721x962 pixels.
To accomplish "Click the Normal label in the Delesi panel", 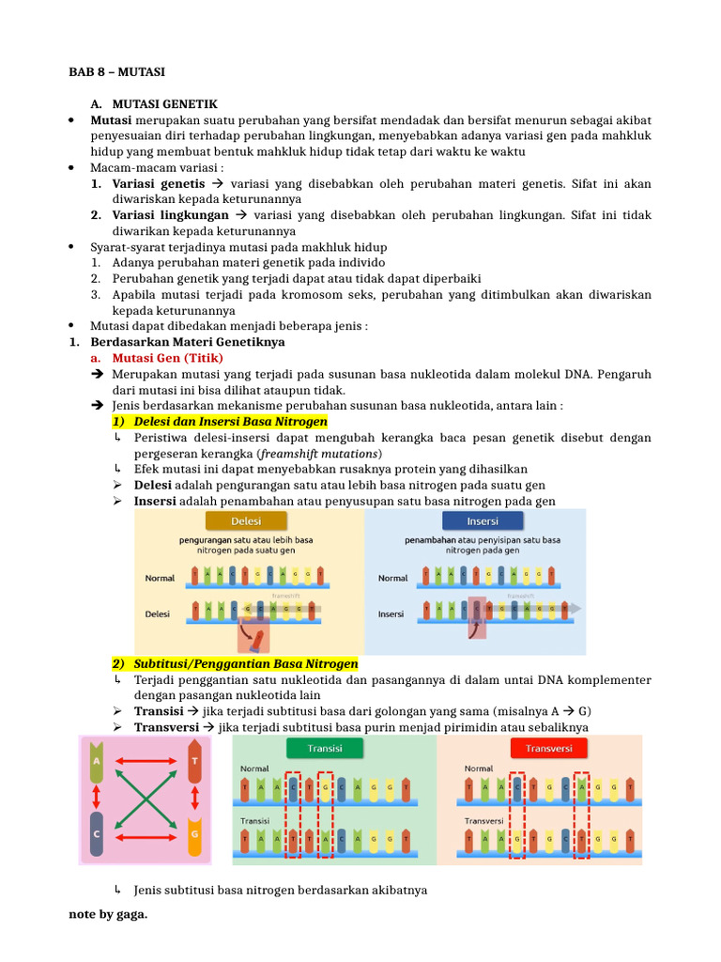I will point(161,578).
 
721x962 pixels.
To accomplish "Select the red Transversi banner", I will point(548,749).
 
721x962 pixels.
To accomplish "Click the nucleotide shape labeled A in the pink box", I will point(96,762).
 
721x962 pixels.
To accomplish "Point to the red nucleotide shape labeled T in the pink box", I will point(195,762).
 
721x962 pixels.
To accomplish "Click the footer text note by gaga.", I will point(108,914).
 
